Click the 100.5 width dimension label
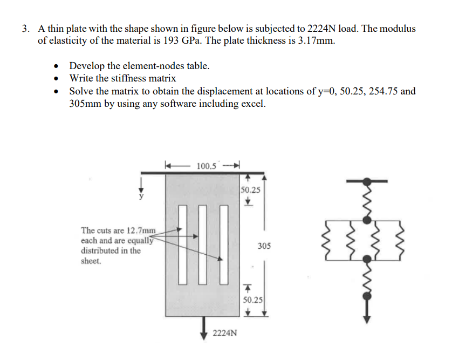[x=206, y=165]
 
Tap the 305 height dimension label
[x=264, y=246]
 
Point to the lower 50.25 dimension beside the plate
[x=252, y=300]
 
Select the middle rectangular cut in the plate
[x=203, y=244]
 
